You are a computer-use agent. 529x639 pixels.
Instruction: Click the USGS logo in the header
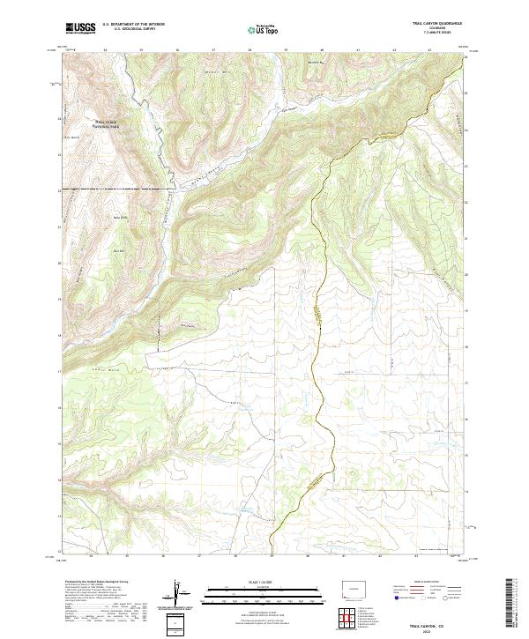80,29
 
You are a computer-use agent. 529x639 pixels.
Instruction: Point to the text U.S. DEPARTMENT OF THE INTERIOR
133,24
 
